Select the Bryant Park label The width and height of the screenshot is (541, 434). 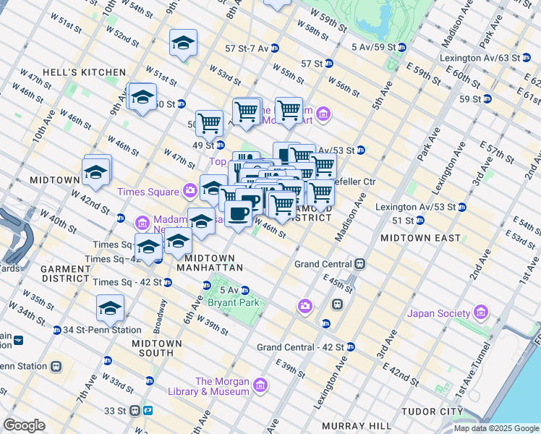tap(233, 303)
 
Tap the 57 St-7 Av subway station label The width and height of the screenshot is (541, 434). tap(246, 48)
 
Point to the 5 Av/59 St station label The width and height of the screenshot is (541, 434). tap(373, 47)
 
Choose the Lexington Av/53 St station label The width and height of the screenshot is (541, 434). tap(415, 207)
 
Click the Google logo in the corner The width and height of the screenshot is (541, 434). tap(24, 425)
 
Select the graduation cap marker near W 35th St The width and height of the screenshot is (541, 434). tap(110, 308)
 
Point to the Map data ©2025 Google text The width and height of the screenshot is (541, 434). tap(496, 428)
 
